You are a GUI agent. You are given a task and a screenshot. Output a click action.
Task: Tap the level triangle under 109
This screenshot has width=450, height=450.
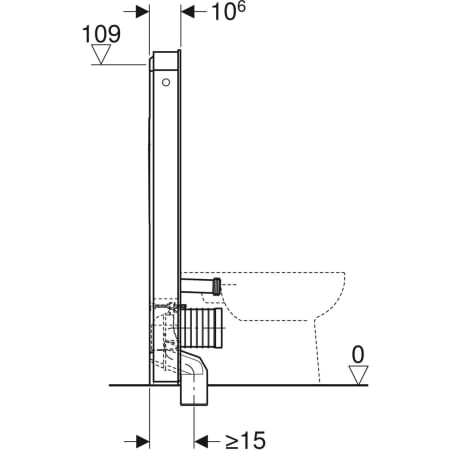coord(101,57)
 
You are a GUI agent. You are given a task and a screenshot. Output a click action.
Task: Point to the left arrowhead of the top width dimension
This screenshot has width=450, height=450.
coord(143,14)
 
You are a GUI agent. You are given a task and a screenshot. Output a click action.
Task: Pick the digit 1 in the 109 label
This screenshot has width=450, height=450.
coord(88,33)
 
